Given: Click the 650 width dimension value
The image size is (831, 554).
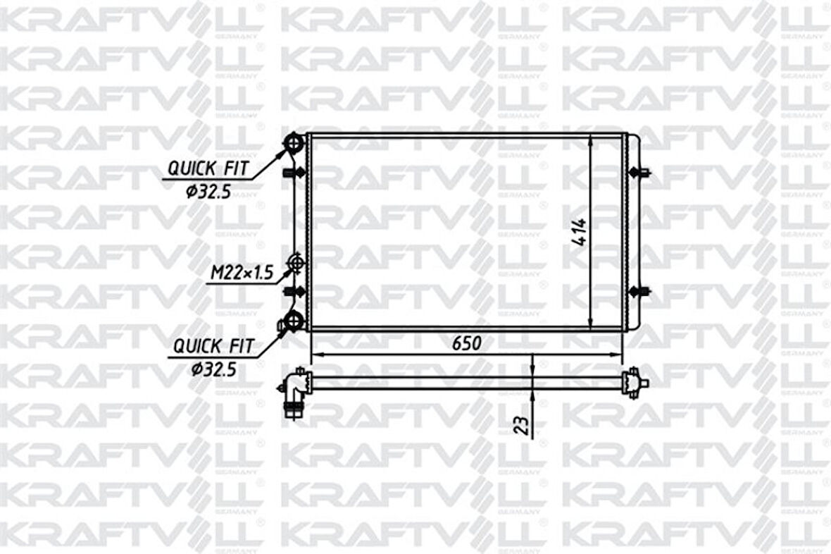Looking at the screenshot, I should click(x=466, y=343).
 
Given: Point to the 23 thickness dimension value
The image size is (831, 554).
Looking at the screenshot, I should click(x=521, y=426).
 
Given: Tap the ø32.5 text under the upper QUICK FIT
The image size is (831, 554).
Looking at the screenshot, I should click(x=209, y=191).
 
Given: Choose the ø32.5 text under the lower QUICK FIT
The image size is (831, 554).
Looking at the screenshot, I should click(x=214, y=368).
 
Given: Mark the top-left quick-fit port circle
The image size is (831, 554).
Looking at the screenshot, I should click(x=294, y=143).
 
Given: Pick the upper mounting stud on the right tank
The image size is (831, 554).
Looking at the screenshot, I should click(x=642, y=172).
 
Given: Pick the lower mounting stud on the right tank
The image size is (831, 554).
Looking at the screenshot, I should click(x=642, y=292).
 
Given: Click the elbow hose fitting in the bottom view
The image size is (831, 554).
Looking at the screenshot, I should click(x=294, y=391).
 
